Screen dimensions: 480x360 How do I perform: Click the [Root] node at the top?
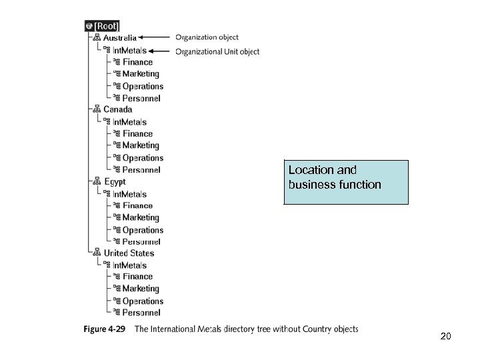tap(102, 26)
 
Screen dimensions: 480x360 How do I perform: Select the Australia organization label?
tap(120, 38)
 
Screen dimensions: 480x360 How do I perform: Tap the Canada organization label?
tap(118, 109)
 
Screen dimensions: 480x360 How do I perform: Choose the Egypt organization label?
tap(115, 181)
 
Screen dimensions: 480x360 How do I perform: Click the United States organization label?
tap(129, 253)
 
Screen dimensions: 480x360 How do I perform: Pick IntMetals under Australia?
tap(129, 50)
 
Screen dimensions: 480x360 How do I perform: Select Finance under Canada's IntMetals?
tap(137, 134)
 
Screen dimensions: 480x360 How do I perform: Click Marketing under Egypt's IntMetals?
tap(141, 217)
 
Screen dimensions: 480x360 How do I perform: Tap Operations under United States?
tap(143, 301)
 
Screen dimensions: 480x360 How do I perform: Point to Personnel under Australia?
tap(141, 98)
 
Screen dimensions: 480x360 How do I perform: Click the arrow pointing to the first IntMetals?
tap(161, 51)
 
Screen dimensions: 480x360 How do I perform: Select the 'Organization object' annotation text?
tap(207, 37)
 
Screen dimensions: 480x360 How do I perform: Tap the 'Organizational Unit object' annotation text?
tap(217, 51)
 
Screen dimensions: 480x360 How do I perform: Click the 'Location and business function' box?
tap(346, 181)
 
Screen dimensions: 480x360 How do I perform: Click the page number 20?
tap(446, 336)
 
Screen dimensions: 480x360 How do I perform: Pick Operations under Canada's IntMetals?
tap(143, 158)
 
